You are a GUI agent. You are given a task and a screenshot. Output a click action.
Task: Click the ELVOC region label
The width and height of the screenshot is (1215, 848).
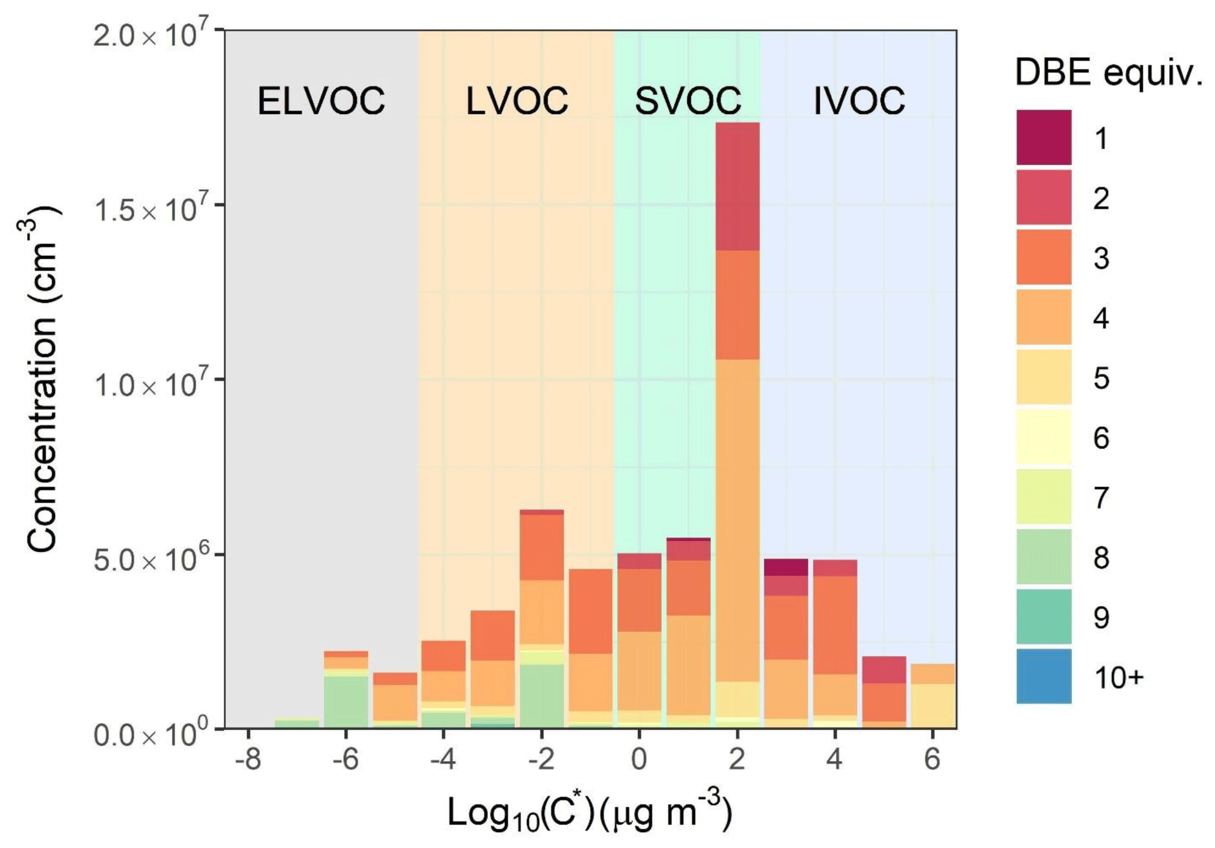[x=321, y=101]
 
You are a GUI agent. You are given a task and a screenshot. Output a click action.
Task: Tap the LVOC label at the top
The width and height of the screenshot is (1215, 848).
[x=517, y=101]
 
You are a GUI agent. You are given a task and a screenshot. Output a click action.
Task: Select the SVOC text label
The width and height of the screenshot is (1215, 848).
[x=688, y=101]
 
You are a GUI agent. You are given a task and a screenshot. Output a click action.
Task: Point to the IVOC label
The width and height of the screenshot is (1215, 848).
[x=859, y=101]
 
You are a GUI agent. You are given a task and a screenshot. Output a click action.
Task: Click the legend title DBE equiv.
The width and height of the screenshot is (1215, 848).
[x=1108, y=74]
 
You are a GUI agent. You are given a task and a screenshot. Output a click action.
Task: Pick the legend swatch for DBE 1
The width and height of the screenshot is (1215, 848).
[x=1044, y=138]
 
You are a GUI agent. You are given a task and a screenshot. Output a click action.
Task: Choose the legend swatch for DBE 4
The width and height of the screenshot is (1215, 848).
[x=1044, y=317]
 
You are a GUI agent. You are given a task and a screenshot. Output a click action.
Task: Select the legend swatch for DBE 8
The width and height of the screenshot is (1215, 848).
[x=1044, y=556]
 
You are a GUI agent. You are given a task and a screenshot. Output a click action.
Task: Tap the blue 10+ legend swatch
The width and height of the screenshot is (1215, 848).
[x=1044, y=676]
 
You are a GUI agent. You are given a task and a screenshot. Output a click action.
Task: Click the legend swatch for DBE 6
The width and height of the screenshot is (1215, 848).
[x=1044, y=437]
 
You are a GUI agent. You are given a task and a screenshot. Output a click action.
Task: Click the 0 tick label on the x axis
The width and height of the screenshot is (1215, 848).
[x=639, y=759]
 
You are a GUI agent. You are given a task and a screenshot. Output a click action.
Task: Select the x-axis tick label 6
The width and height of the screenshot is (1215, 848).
[x=932, y=759]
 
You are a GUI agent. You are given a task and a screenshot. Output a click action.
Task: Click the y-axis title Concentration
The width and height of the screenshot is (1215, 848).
[x=42, y=379]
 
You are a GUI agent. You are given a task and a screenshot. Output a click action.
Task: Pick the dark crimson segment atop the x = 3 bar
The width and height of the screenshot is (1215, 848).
[x=786, y=567]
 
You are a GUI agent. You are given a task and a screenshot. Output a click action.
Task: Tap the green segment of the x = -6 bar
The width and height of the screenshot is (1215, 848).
[x=346, y=701]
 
